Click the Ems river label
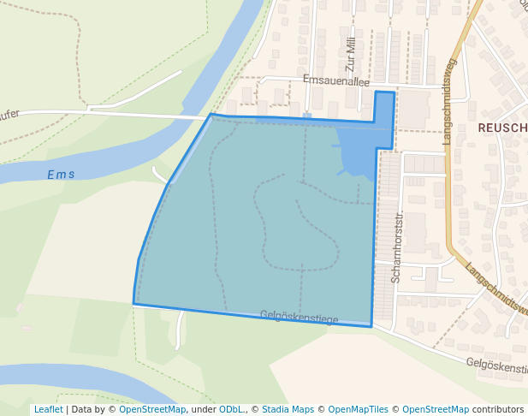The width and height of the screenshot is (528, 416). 61,175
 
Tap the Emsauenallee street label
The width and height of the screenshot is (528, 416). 335,80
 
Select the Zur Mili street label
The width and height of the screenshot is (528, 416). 350,54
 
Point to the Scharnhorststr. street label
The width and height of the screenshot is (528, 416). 396,248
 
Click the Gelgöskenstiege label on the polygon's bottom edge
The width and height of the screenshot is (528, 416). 299,318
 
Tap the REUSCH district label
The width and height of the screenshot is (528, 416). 502,128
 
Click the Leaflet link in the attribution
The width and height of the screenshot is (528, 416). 48,409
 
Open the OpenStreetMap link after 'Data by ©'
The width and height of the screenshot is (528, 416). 152,409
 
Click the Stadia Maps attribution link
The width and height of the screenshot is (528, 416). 288,409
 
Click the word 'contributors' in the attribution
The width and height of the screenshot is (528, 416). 498,409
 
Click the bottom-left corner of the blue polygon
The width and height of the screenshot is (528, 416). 133,303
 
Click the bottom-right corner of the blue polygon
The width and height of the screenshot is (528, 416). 371,326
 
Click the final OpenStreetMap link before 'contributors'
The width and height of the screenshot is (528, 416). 435,409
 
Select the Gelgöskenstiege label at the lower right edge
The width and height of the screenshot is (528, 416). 497,365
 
